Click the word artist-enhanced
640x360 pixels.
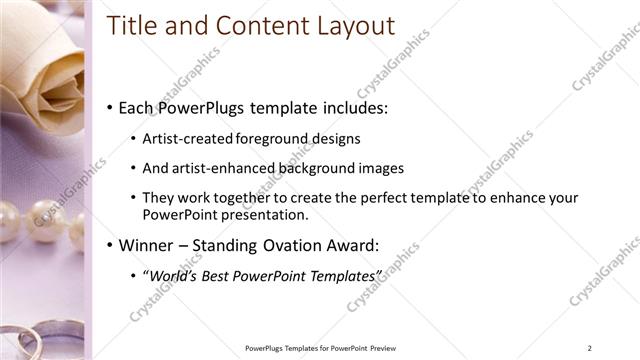click(216, 168)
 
